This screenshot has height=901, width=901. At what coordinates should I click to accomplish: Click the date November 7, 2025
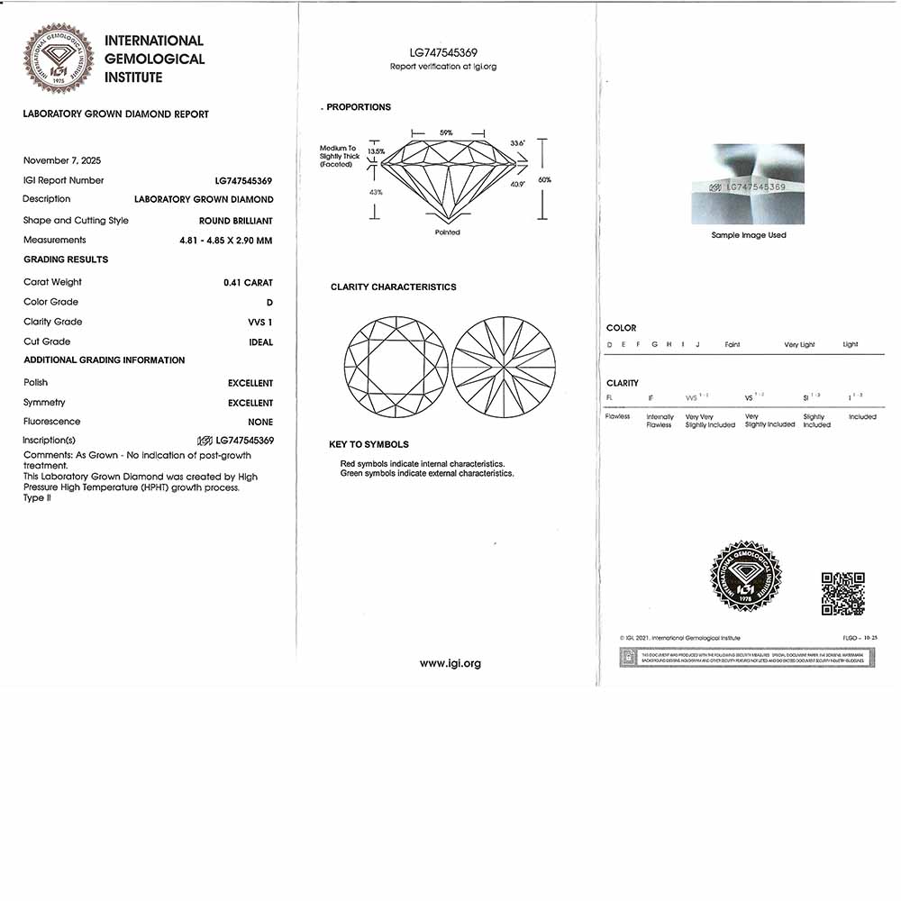click(62, 160)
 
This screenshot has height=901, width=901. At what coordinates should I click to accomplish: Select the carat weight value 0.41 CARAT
click(248, 283)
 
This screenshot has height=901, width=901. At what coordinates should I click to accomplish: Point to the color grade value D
click(269, 303)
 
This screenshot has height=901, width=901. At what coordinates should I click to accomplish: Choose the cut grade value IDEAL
click(261, 342)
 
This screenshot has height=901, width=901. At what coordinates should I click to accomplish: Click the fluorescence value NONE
click(260, 422)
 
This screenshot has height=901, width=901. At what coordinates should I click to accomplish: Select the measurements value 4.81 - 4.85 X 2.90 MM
click(225, 241)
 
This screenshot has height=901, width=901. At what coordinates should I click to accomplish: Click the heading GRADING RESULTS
click(66, 259)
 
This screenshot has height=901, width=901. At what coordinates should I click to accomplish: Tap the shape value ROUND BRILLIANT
click(236, 221)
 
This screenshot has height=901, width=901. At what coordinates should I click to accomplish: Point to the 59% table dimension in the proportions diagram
click(446, 133)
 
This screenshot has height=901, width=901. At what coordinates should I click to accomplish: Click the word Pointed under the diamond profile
click(447, 232)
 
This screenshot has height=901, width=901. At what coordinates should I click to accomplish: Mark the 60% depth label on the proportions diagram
click(544, 180)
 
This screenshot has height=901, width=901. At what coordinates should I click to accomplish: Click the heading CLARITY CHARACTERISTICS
click(394, 287)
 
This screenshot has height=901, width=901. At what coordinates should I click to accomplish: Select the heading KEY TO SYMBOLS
click(369, 445)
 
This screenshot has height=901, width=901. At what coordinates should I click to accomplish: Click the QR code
click(843, 593)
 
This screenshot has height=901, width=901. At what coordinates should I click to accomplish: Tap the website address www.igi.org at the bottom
click(450, 663)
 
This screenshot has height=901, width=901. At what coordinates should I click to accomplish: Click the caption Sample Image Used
click(749, 235)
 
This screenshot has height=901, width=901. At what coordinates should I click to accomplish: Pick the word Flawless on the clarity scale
click(618, 417)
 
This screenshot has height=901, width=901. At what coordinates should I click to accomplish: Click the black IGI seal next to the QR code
click(747, 577)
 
